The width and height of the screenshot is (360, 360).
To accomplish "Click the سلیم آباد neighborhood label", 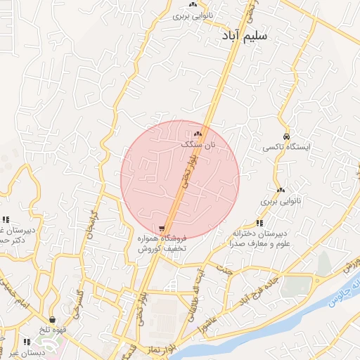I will coord(243,36).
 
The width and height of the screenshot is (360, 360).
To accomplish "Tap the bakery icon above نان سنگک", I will coord(198,134).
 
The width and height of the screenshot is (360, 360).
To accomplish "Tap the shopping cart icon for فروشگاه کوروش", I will coord(162,229).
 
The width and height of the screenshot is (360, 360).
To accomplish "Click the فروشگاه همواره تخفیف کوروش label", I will coord(161,244).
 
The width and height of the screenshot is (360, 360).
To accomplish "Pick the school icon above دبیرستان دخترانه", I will coord(259,223).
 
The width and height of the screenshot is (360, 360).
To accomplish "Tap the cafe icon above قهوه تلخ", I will coord(53,320).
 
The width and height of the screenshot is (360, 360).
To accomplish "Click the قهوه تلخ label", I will coord(53,330).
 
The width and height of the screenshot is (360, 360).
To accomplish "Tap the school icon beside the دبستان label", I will coord(27,342).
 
